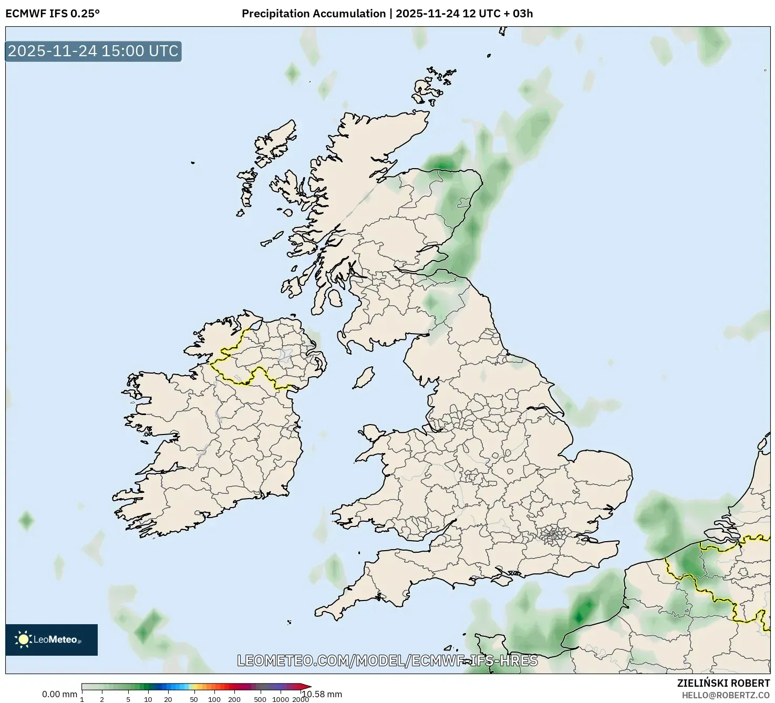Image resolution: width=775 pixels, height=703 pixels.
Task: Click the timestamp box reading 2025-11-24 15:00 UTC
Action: click(x=93, y=51)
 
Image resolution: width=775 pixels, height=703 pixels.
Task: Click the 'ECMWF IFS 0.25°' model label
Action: click(x=53, y=13)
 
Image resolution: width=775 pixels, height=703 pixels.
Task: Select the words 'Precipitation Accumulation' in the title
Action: click(x=314, y=13)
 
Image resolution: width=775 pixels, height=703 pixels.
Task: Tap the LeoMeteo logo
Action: click(x=51, y=639)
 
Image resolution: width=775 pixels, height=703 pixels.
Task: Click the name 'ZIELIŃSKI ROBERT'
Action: click(x=724, y=683)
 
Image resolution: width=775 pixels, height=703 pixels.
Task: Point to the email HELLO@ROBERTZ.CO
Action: click(x=730, y=695)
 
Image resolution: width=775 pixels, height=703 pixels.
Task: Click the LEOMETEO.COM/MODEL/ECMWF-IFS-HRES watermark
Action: click(x=387, y=660)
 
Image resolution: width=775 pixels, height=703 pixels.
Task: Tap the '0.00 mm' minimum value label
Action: click(x=59, y=694)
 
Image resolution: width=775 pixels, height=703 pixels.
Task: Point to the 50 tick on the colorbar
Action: click(x=194, y=699)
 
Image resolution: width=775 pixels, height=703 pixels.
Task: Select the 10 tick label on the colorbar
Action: click(x=148, y=699)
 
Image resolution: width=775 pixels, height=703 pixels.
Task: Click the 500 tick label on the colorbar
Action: click(x=260, y=699)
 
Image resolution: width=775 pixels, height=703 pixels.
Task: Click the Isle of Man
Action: click(x=364, y=378)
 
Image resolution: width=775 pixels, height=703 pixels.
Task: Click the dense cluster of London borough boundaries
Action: click(x=552, y=536)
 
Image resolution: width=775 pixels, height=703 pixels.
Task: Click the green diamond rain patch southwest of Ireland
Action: click(x=26, y=521)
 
